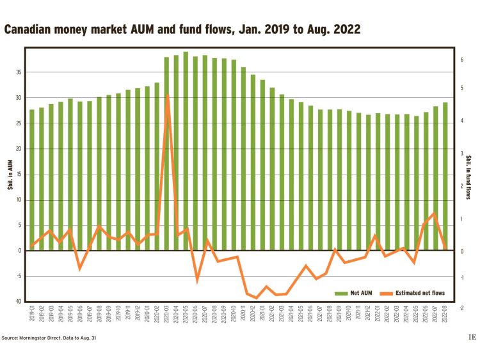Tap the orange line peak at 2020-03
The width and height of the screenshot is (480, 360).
[x=167, y=95]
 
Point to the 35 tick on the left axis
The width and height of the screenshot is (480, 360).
[x=19, y=72]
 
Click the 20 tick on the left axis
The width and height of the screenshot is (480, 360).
[x=19, y=148]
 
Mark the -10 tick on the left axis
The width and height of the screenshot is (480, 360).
[x=18, y=301]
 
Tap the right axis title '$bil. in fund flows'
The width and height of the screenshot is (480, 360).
[x=468, y=177]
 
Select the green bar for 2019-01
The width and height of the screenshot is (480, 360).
[x=32, y=180]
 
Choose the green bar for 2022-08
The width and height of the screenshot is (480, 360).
[x=445, y=176]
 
